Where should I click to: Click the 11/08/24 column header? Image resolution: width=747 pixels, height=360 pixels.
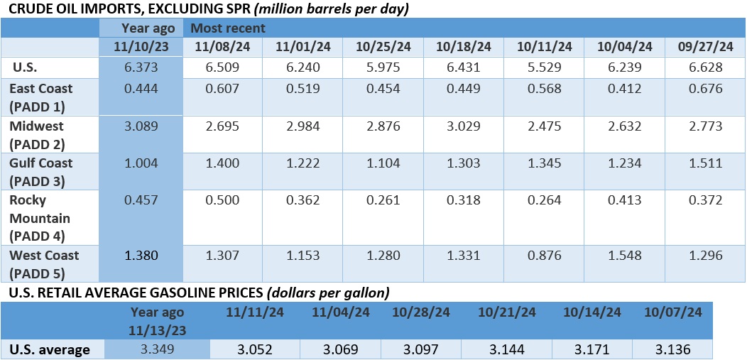coord(223,47)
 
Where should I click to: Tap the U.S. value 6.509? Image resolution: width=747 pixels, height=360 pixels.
coord(223,67)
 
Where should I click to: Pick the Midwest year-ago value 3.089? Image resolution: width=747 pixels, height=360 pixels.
coord(141,126)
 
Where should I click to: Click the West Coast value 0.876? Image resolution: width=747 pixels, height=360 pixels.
coord(544,255)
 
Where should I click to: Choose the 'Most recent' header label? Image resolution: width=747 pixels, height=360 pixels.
coord(224,28)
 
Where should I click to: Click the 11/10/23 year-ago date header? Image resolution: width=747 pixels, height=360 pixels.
coord(142,47)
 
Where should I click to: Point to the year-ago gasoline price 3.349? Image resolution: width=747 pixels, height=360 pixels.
coord(156,349)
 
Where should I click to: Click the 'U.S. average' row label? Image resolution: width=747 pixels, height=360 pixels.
coord(49,349)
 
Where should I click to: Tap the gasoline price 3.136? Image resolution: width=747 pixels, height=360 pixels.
coord(672,349)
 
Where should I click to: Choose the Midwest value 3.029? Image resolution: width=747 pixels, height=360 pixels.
coord(464,126)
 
